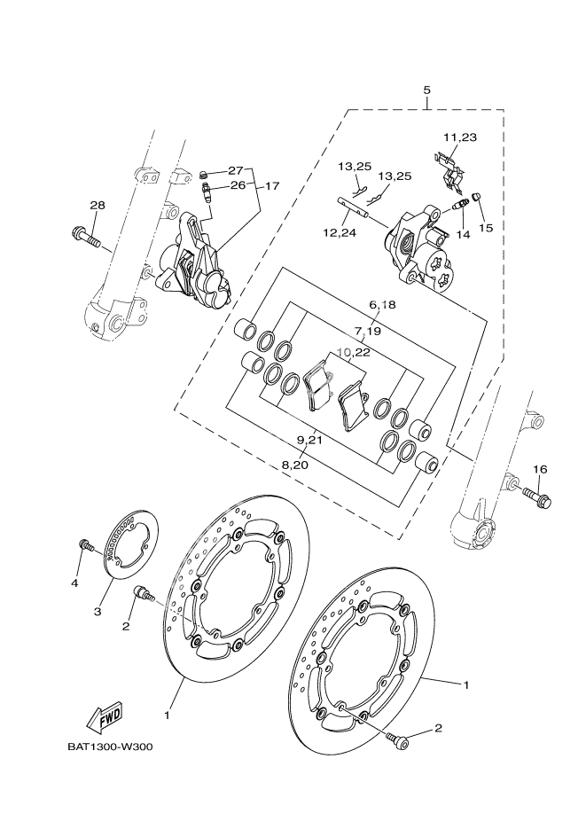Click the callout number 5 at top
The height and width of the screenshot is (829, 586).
[426, 90]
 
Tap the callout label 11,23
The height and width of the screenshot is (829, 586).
[460, 137]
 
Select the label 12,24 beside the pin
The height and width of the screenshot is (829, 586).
[340, 233]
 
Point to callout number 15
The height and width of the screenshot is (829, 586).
[485, 227]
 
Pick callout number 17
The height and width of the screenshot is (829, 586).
[271, 186]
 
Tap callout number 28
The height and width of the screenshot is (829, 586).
[97, 206]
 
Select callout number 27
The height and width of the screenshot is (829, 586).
[235, 170]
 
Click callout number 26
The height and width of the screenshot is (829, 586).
[237, 185]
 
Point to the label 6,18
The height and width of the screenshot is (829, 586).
[381, 305]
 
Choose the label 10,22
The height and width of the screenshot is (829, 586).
[356, 352]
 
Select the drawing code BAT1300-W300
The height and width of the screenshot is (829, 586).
[110, 747]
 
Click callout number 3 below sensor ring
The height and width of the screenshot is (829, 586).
[98, 611]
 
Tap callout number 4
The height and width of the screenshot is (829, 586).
[75, 583]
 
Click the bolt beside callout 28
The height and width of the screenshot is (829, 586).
[86, 237]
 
